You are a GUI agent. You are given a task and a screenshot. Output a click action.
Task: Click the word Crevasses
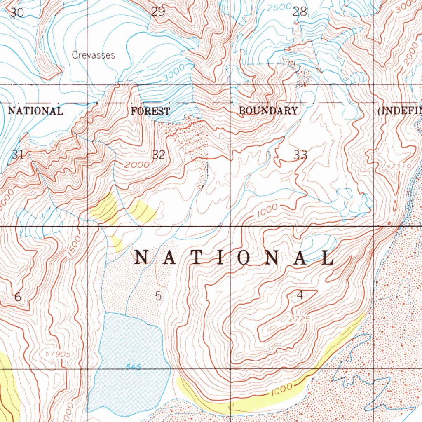click(x=93, y=55)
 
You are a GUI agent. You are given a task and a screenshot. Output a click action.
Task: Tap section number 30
click(x=17, y=13)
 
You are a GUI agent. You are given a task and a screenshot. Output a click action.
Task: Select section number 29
click(x=158, y=12)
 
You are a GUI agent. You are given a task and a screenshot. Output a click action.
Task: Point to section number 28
click(x=300, y=12)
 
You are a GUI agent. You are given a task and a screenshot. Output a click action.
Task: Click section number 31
click(x=17, y=155)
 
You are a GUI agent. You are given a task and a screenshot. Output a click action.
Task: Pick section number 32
click(x=159, y=155)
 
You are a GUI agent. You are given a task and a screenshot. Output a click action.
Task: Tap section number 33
click(x=300, y=155)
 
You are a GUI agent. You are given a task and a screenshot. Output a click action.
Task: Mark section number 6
click(x=17, y=297)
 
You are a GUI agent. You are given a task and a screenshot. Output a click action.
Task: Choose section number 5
click(x=159, y=296)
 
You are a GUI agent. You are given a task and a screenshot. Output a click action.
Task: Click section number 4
click(x=300, y=295)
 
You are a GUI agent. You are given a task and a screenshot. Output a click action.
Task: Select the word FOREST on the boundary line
click(x=150, y=111)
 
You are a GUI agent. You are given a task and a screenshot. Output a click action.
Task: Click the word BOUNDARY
click(x=268, y=110)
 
